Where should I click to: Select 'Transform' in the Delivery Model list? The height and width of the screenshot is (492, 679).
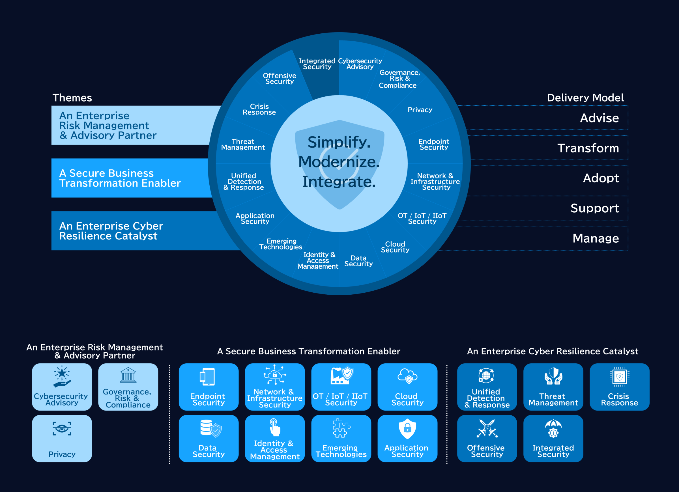pyautogui.click(x=588, y=148)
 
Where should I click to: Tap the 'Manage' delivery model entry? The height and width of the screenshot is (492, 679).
pyautogui.click(x=596, y=238)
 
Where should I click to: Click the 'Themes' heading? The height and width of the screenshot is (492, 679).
pyautogui.click(x=72, y=98)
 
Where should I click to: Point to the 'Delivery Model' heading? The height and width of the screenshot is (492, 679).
pyautogui.click(x=585, y=98)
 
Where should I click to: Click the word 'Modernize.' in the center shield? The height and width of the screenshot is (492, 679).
pyautogui.click(x=339, y=162)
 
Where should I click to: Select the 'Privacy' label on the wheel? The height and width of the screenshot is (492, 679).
pyautogui.click(x=420, y=110)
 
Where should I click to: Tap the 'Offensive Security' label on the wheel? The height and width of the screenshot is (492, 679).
pyautogui.click(x=279, y=79)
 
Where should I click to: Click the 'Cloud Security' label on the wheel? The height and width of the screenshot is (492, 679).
pyautogui.click(x=395, y=247)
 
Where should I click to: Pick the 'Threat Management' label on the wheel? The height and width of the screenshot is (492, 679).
pyautogui.click(x=243, y=144)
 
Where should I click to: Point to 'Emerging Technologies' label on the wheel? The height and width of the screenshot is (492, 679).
pyautogui.click(x=281, y=244)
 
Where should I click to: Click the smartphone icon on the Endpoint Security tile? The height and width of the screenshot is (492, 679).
pyautogui.click(x=207, y=376)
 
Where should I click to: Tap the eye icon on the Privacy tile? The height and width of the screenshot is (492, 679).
pyautogui.click(x=62, y=429)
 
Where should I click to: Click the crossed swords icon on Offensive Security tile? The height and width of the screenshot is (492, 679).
pyautogui.click(x=487, y=429)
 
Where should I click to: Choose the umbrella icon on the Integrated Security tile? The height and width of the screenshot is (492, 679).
pyautogui.click(x=553, y=429)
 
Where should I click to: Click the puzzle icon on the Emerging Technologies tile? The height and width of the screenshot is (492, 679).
pyautogui.click(x=341, y=428)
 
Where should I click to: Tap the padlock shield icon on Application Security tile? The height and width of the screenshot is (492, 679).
pyautogui.click(x=407, y=429)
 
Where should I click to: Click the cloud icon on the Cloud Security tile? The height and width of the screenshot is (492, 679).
pyautogui.click(x=407, y=376)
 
